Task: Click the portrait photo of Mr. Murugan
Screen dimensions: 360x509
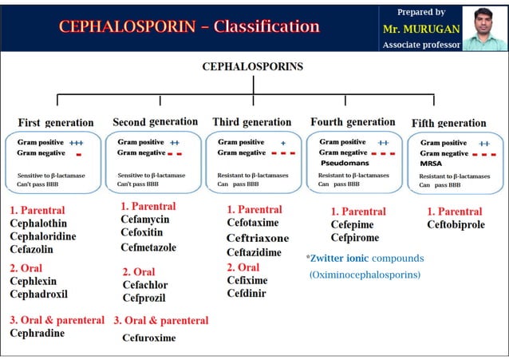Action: coord(485,28)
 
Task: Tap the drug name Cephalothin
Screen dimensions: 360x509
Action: coord(38,224)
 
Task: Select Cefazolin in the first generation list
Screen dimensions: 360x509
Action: coord(32,249)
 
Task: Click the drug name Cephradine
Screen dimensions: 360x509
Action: coord(37,333)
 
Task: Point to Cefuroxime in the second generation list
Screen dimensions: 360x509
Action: coord(148,338)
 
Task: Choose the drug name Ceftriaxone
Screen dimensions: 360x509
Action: coord(258,238)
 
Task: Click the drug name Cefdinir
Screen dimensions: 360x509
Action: coord(247,293)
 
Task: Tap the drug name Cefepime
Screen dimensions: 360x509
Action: coord(352,225)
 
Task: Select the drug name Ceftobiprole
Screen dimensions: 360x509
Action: coord(456,225)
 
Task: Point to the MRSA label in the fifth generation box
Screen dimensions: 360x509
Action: coord(430,163)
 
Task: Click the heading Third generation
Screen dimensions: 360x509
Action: coord(252,122)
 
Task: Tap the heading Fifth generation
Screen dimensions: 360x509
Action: coord(448,123)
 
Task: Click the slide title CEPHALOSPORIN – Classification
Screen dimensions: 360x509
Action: coord(189,26)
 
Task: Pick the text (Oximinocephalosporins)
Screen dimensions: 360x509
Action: coord(364,275)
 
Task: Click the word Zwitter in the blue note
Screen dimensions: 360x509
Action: coord(327,259)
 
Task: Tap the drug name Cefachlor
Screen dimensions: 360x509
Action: coord(145,285)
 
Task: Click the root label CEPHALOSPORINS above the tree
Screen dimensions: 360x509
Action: coord(253,67)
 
